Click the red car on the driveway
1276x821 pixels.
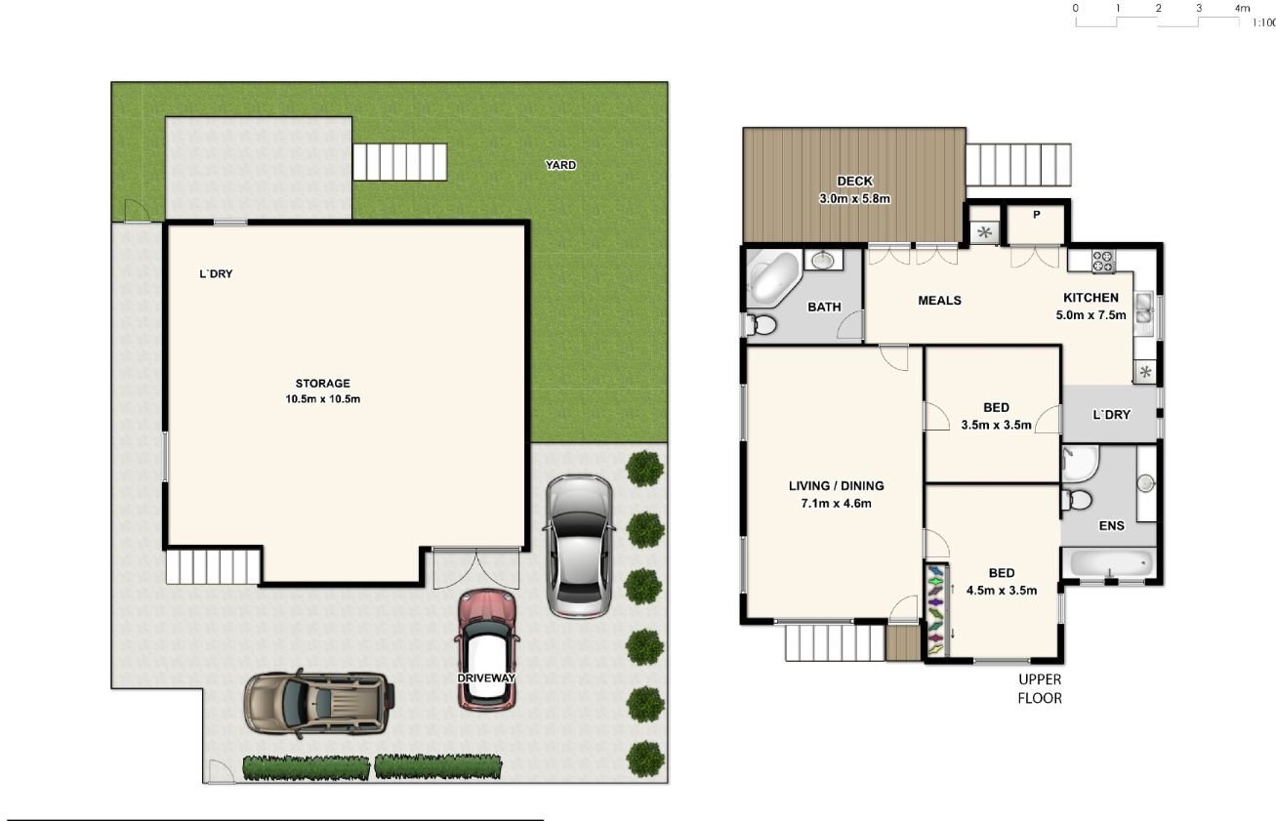coord(487,650)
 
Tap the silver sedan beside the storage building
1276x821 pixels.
coord(579,547)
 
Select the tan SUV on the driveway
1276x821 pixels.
coord(319,704)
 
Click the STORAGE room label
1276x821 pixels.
coord(322,384)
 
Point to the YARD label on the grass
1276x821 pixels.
coord(560,165)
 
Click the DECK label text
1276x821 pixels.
coord(854,182)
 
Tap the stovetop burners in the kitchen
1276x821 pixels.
coord(1103,262)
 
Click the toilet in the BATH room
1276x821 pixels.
coord(761,326)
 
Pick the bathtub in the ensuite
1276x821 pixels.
coord(1110,564)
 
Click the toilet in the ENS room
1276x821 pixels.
coord(1077,500)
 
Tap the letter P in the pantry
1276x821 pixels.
coord(1036,215)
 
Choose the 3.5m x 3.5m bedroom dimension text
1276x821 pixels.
coord(996,425)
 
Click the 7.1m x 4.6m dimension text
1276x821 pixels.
coord(836,504)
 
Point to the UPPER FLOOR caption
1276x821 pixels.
coord(1040,689)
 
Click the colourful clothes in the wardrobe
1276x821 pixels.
coord(936,609)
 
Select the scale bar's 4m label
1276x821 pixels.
coord(1243,8)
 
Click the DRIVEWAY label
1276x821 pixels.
coord(486,678)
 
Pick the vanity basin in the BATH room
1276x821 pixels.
coord(823,261)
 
